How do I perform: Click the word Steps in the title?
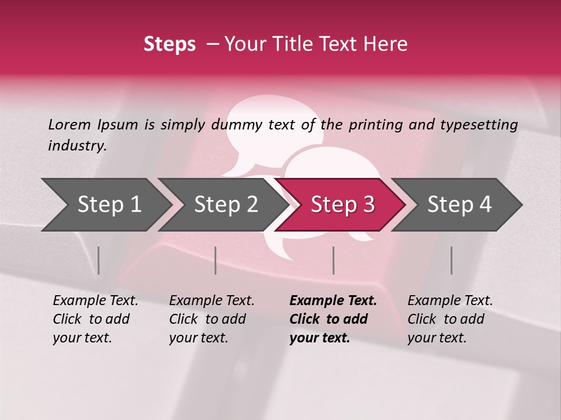[169, 44]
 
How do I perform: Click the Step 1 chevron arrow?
[105, 205]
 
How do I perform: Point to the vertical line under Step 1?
[99, 260]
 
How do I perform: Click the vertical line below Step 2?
[216, 260]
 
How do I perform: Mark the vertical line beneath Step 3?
[333, 260]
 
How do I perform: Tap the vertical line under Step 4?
[451, 260]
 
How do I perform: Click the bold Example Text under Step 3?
[333, 319]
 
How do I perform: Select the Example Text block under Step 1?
[95, 319]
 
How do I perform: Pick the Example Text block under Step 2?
[212, 319]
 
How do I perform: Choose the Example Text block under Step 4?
[450, 319]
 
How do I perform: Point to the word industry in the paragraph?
[77, 146]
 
